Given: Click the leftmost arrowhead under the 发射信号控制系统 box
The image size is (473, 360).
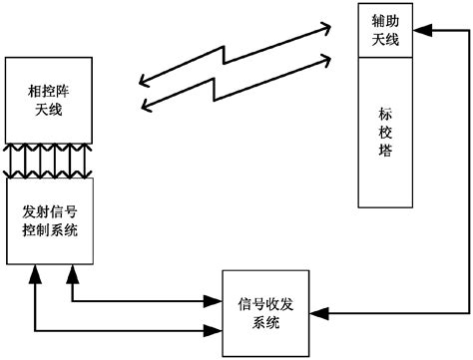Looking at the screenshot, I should click(x=36, y=271).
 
